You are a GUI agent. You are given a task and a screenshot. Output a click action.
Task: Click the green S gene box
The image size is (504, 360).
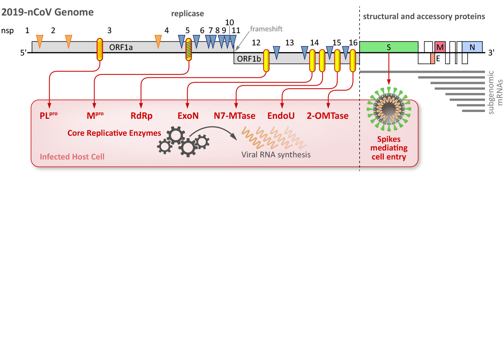[389, 47]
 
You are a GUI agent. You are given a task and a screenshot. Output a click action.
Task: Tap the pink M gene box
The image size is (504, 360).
[440, 47]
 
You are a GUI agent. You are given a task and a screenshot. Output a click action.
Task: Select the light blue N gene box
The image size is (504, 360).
[472, 47]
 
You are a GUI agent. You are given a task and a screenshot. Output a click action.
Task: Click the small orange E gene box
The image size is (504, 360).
[432, 58]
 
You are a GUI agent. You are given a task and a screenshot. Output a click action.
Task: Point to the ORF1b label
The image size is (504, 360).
[249, 59]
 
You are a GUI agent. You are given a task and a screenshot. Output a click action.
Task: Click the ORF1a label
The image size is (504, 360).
[121, 48]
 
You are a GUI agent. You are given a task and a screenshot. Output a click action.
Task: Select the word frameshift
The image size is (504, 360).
[266, 29]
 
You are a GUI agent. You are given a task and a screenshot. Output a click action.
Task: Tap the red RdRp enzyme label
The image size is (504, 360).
[141, 116]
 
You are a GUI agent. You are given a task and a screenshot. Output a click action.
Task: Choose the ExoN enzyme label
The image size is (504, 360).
[188, 116]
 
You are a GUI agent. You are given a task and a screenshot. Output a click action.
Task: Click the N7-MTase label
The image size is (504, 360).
[234, 116]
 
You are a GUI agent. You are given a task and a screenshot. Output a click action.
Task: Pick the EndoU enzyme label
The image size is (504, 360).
[281, 116]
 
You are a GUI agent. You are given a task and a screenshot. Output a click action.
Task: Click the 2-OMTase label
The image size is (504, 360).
[328, 116]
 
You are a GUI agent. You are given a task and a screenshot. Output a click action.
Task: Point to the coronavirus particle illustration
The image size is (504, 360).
[389, 108]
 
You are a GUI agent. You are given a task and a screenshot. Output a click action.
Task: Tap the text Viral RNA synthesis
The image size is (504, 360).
[276, 155]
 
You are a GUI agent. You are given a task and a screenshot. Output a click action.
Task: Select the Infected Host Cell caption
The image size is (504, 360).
[72, 157]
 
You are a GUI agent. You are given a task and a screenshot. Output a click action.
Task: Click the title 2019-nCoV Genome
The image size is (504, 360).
[47, 12]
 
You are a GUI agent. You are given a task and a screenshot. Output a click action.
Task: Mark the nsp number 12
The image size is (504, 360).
[256, 43]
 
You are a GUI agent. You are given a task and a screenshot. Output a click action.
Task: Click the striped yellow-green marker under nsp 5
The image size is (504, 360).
[189, 49]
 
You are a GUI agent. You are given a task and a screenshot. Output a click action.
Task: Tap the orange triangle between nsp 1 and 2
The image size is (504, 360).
[40, 41]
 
